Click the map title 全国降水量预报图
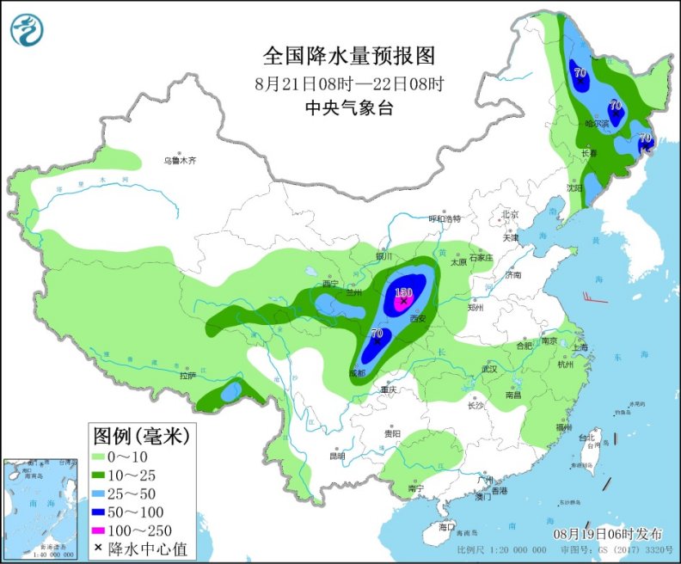pos(348,57)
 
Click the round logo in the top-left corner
pos(28,30)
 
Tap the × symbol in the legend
pos(99,548)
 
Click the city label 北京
pos(511,214)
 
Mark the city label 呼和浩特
pos(445,218)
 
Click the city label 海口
pos(445,526)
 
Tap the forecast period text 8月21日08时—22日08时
pos(348,84)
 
